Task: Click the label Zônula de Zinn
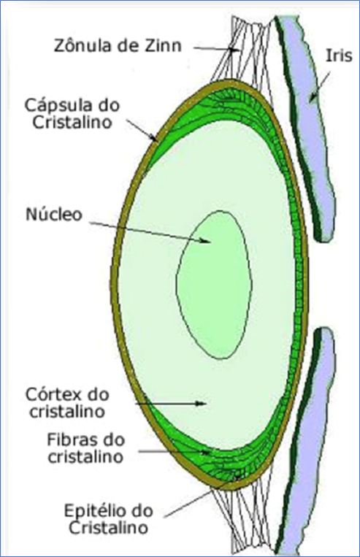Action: pos(118,46)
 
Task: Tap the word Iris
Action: pos(340,55)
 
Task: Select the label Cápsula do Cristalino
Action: pos(72,114)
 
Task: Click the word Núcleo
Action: pos(54,214)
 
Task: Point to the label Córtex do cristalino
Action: pos(67,403)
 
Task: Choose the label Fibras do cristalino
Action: pos(86,448)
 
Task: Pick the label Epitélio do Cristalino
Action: pos(108,519)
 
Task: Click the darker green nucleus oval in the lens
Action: pos(214,285)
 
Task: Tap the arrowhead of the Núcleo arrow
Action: pos(205,240)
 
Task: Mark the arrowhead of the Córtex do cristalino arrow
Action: pos(201,403)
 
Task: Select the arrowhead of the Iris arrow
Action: pos(313,97)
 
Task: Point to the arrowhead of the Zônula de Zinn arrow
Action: pos(234,49)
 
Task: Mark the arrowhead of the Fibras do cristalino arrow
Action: pos(205,452)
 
